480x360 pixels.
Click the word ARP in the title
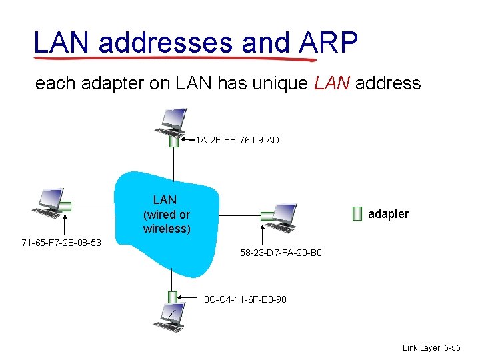(329, 42)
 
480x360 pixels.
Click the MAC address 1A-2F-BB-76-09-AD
(237, 140)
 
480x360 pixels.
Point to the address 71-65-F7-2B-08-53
(61, 242)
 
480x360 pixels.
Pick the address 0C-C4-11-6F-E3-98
(245, 299)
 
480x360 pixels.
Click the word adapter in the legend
(388, 214)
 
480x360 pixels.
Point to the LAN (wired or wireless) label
(165, 214)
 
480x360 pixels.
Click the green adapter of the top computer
(174, 141)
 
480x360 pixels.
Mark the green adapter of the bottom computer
(173, 297)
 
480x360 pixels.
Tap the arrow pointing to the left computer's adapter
(66, 222)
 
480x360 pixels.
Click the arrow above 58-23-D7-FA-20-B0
(264, 235)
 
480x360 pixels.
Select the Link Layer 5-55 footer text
(431, 348)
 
